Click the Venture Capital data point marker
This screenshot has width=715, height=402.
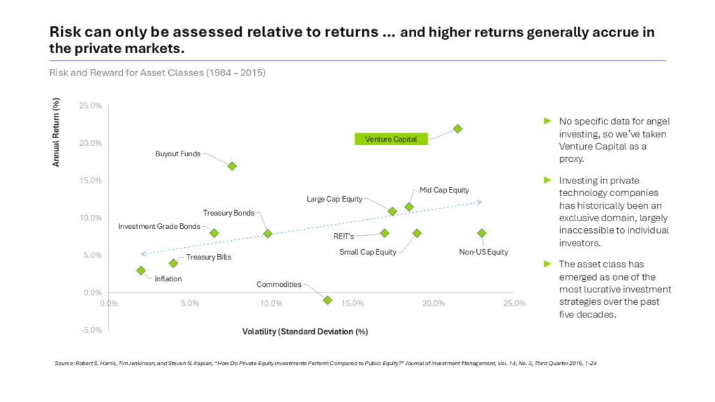pos(457,128)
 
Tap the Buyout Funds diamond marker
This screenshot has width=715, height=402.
pos(233,166)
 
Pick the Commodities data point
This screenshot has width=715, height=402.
pos(327,300)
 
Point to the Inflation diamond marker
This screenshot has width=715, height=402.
pos(141,270)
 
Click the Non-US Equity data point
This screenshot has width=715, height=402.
pos(482,233)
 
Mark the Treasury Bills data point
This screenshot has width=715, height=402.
pos(173,263)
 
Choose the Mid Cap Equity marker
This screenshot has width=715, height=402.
pos(409,207)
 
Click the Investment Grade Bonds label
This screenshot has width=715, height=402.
pos(159,226)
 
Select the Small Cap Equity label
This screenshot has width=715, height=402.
pos(368,252)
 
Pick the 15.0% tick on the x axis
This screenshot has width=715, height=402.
pos(352,304)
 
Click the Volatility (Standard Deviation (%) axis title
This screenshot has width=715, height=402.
pos(305,332)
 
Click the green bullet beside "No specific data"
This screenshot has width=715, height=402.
pos(547,121)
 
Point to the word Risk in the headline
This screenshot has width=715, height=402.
pos(63,32)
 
